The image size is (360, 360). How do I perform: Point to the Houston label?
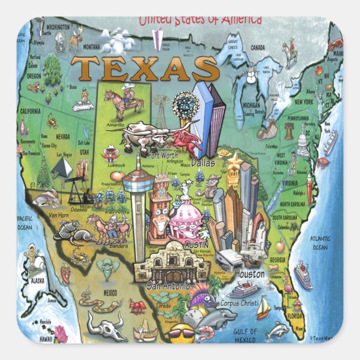249,274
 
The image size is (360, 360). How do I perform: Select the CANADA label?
258,48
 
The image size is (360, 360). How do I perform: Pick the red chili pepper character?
67,274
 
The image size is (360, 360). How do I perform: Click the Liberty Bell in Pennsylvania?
288,131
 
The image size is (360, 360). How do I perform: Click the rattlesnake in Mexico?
101,305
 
